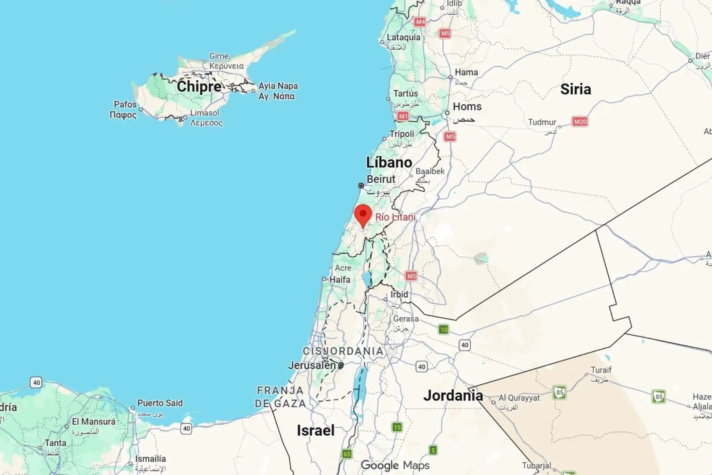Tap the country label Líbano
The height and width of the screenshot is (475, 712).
tap(389, 162)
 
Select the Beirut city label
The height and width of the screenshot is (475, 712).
tap(381, 179)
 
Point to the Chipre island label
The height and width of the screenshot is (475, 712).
tap(199, 86)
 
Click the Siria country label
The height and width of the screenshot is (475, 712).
tap(576, 89)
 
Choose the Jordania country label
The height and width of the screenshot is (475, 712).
tap(453, 395)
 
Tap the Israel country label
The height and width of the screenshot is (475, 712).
tap(316, 430)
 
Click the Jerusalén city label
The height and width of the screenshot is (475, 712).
tap(312, 365)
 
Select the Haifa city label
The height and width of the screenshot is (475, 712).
tap(339, 279)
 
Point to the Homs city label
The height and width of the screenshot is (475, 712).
tap(467, 107)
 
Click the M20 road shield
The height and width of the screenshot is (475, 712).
tap(580, 122)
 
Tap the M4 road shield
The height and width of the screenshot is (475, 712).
tap(420, 22)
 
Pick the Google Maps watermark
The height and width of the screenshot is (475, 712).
tap(395, 465)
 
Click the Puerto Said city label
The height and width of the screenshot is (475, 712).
tap(160, 403)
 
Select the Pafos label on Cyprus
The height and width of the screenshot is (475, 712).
tap(125, 104)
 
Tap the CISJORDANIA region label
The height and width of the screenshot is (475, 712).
tap(343, 351)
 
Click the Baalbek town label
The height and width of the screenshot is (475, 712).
tap(430, 171)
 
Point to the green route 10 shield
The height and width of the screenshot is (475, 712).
tap(444, 329)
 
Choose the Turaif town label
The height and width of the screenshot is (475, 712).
tap(601, 370)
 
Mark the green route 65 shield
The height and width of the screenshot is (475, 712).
tap(347, 454)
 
